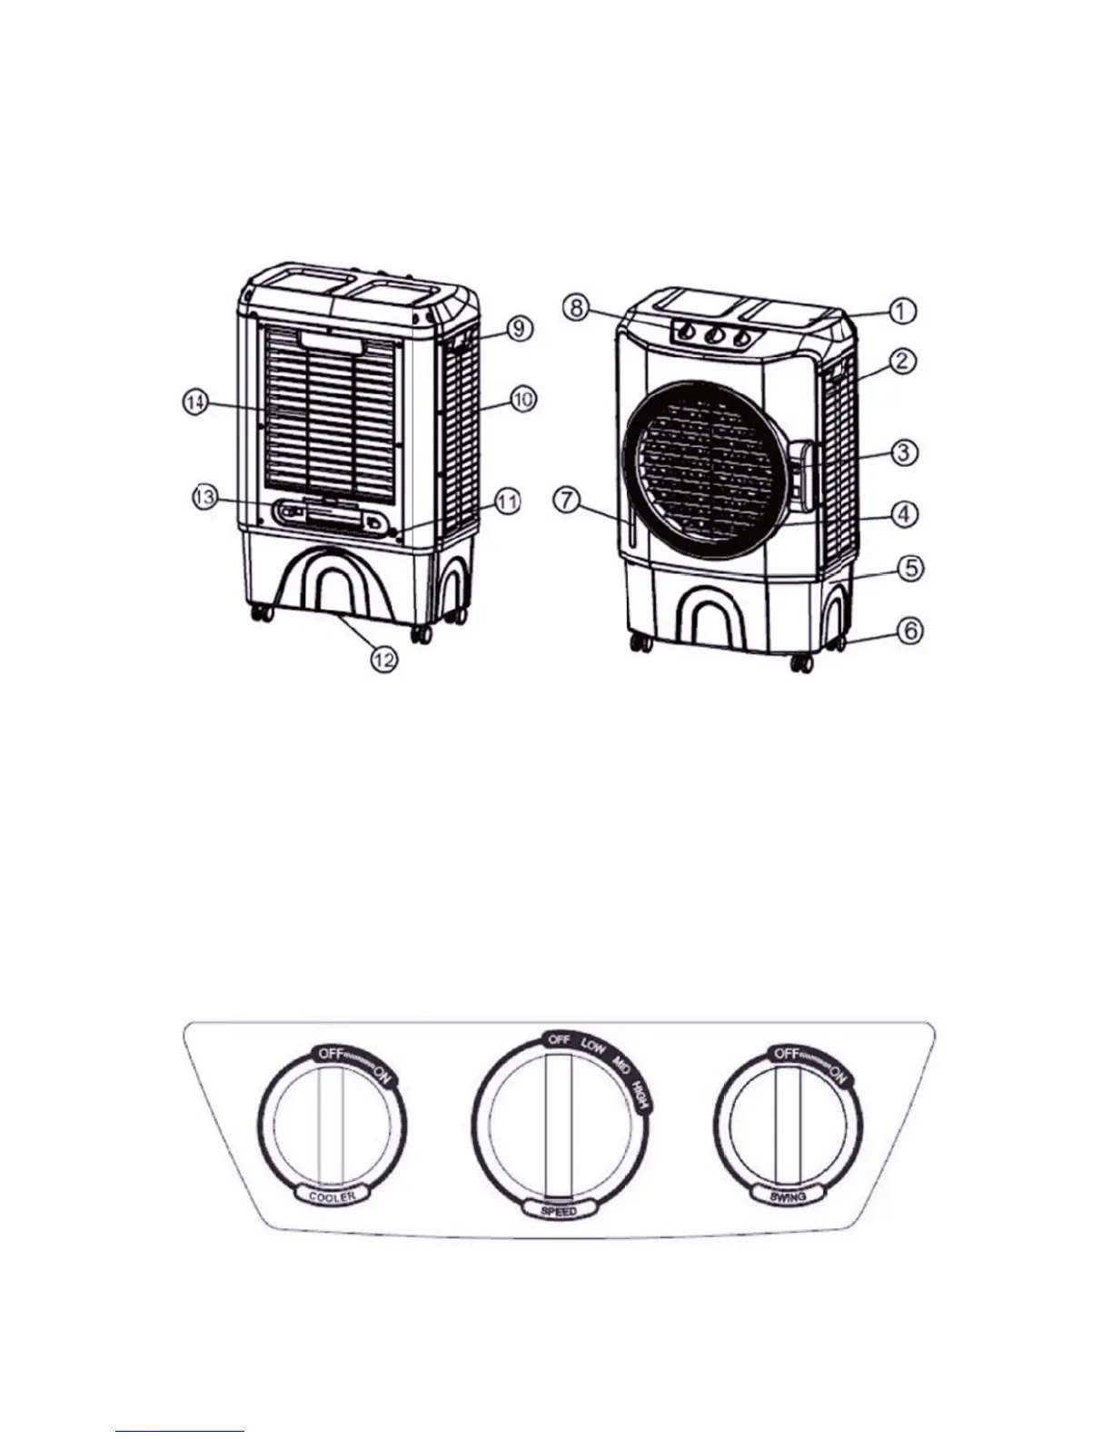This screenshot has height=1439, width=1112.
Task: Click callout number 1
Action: pyautogui.click(x=901, y=311)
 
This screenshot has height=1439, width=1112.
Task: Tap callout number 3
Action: pyautogui.click(x=902, y=452)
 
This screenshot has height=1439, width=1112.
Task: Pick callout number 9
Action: pyautogui.click(x=519, y=327)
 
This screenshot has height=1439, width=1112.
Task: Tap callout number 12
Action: pyautogui.click(x=385, y=660)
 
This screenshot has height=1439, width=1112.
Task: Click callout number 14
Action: pyautogui.click(x=194, y=402)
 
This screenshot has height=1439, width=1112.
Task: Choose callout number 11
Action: pyautogui.click(x=508, y=501)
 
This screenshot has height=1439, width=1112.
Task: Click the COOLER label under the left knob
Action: pyautogui.click(x=332, y=1196)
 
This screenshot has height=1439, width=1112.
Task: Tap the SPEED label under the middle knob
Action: pyautogui.click(x=558, y=1211)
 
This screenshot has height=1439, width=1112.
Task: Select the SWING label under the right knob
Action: pyautogui.click(x=788, y=1196)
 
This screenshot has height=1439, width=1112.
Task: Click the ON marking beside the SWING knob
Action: pyautogui.click(x=838, y=1077)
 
